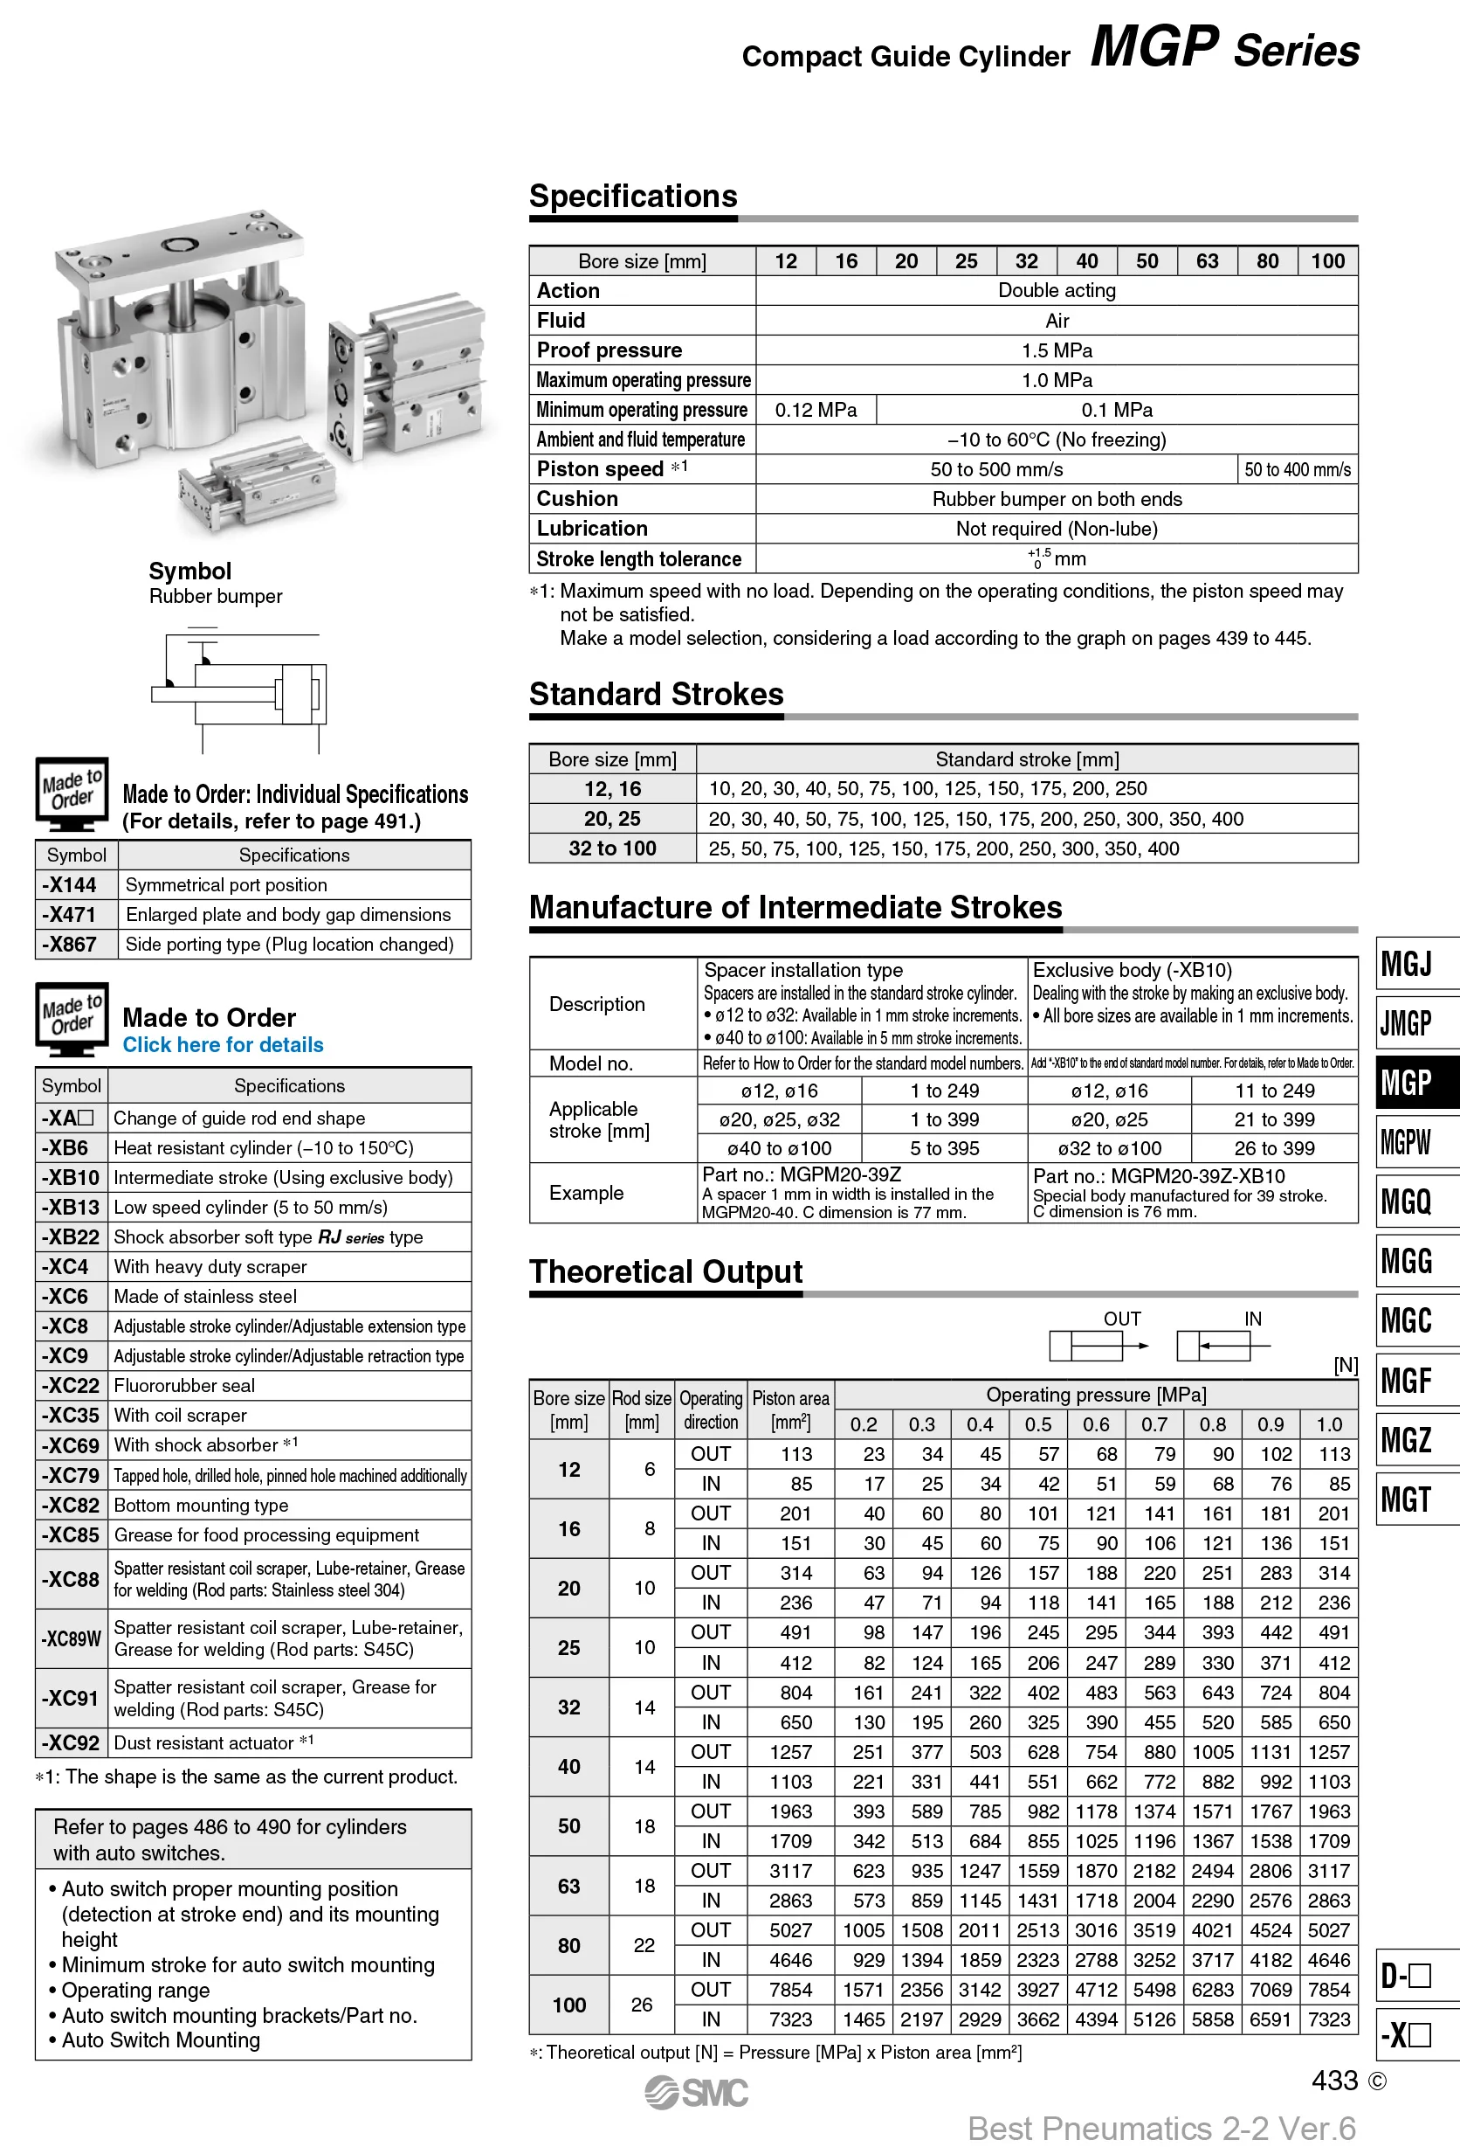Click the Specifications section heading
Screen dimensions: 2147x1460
click(632, 197)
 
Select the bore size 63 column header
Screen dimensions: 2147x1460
click(1206, 261)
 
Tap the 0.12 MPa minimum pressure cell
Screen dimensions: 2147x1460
click(816, 410)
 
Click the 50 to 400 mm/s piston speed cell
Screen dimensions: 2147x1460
click(1297, 469)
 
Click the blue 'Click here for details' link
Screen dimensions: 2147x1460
click(223, 1045)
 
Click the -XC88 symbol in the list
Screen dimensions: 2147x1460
click(70, 1579)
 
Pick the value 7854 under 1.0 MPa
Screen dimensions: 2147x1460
click(1328, 1990)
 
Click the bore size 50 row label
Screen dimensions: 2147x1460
click(568, 1826)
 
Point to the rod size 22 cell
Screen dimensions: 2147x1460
click(644, 1946)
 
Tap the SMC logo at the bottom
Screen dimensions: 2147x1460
click(697, 2093)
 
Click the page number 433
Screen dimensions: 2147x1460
click(1334, 2081)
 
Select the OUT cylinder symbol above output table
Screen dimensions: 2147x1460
click(1098, 1345)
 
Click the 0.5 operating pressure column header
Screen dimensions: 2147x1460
click(1038, 1424)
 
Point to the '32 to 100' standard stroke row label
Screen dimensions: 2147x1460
click(611, 848)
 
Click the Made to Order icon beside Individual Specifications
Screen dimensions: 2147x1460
click(71, 793)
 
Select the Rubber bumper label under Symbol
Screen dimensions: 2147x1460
click(215, 597)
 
